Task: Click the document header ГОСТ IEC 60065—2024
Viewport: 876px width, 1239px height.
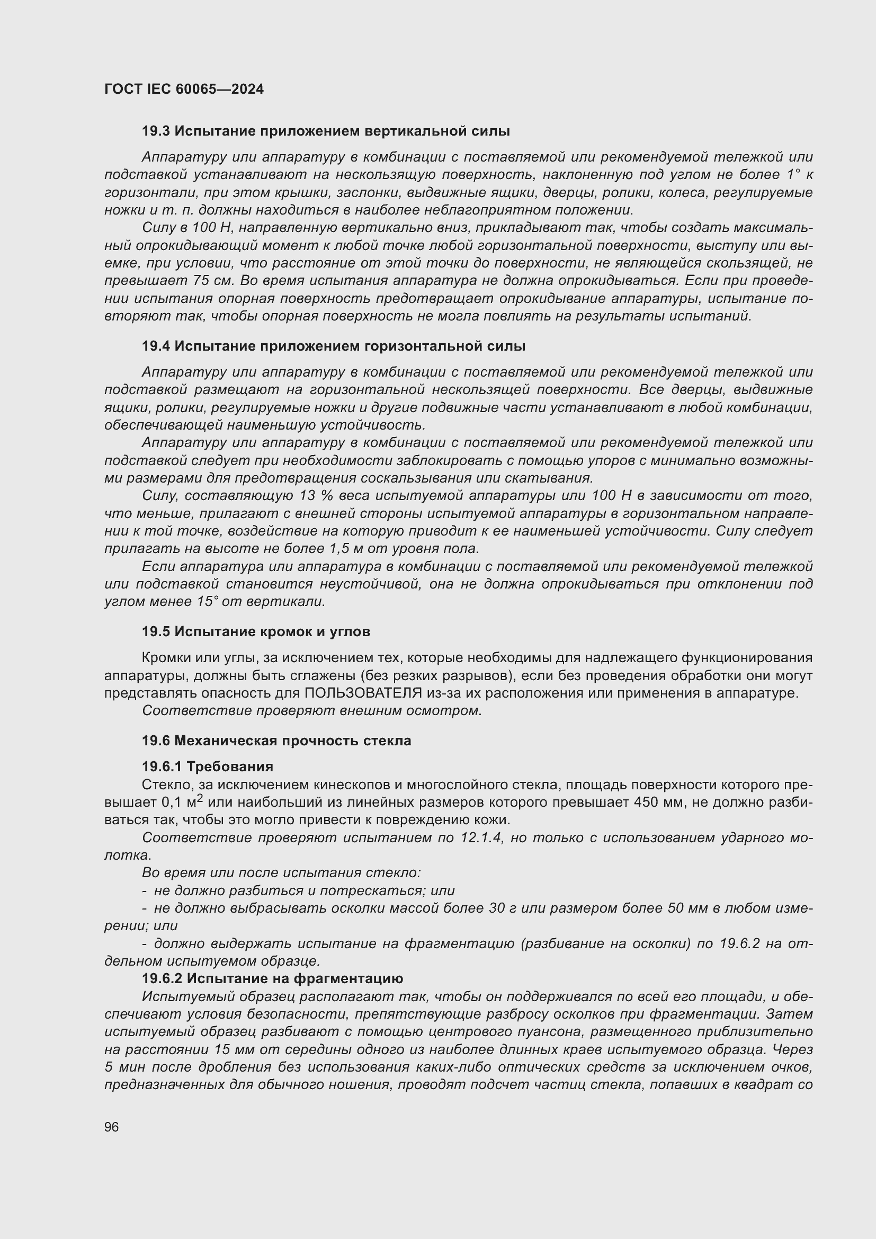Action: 184,89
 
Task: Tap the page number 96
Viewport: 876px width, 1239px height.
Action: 112,1127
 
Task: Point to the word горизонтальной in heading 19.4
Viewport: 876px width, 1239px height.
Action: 417,346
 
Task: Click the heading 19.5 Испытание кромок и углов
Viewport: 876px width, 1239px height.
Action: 256,631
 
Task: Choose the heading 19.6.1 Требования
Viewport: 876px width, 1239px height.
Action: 207,766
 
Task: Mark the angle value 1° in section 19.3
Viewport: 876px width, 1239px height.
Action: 792,174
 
